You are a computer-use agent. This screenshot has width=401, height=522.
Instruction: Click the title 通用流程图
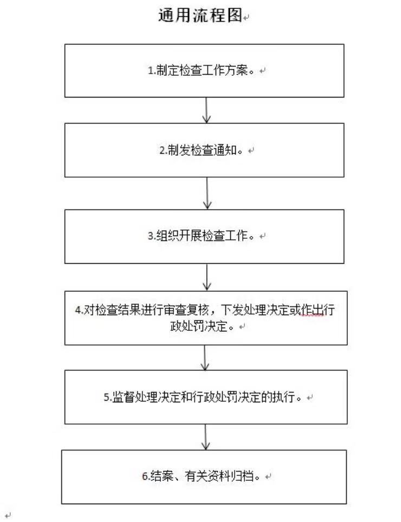199,16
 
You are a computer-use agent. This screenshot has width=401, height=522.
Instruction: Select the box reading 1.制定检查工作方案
205,71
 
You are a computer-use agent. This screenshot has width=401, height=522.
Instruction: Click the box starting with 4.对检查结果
206,318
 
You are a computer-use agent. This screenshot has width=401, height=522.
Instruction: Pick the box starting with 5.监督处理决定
206,397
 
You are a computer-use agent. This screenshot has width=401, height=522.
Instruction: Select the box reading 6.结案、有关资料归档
204,477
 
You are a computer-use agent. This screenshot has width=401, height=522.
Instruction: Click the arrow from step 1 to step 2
206,110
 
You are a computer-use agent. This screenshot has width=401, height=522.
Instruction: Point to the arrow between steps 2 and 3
207,193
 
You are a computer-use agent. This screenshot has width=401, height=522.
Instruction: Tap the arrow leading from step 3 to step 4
207,277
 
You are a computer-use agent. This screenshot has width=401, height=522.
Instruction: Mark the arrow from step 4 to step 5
205,357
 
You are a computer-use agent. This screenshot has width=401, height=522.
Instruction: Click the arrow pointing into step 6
205,436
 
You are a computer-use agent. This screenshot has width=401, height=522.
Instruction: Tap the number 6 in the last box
145,477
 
